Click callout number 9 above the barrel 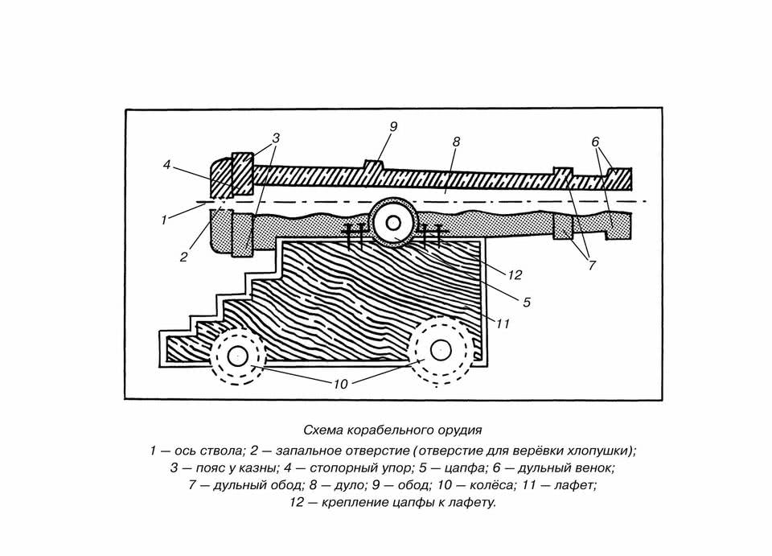pyautogui.click(x=393, y=127)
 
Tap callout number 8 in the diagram pyautogui.click(x=456, y=142)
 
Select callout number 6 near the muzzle pyautogui.click(x=595, y=142)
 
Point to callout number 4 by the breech pyautogui.click(x=167, y=164)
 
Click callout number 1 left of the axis pyautogui.click(x=164, y=220)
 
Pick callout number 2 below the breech pyautogui.click(x=183, y=257)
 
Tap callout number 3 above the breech pyautogui.click(x=276, y=138)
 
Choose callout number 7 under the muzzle pyautogui.click(x=592, y=266)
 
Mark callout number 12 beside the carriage pyautogui.click(x=515, y=275)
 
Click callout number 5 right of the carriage pyautogui.click(x=527, y=302)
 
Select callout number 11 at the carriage pyautogui.click(x=502, y=323)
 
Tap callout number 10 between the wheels pyautogui.click(x=341, y=384)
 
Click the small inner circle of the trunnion pyautogui.click(x=393, y=223)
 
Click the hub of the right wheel pyautogui.click(x=441, y=350)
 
